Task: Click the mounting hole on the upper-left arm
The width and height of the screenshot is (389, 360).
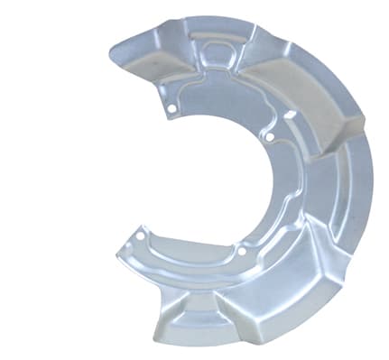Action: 171,110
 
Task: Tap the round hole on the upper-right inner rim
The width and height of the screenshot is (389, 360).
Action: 270,137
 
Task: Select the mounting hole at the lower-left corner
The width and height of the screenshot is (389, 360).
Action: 141,237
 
